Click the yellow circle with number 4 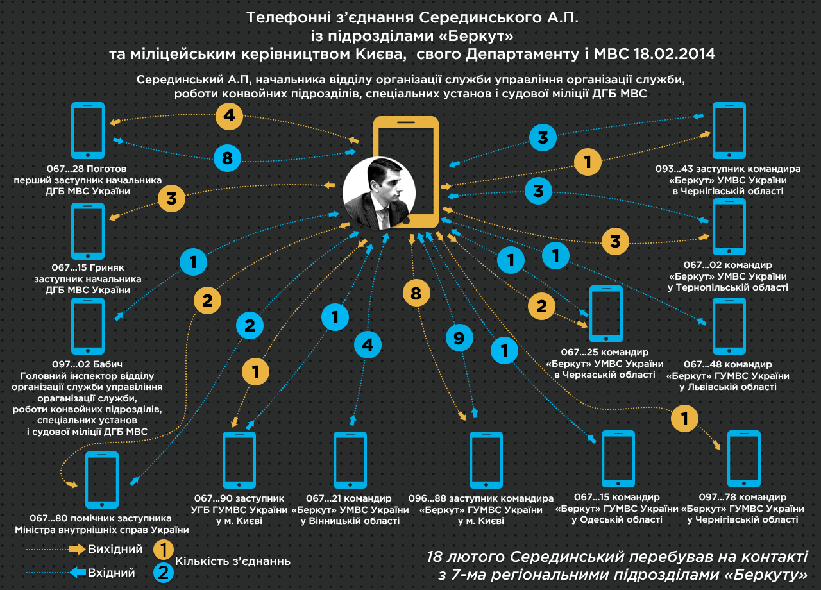pos(229,116)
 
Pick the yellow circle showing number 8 pos(416,294)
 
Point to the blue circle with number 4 pos(368,345)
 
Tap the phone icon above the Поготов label pos(88,130)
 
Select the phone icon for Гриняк pos(88,231)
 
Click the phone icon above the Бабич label pos(88,326)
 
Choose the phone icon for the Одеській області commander pos(618,459)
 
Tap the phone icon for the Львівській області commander pos(729,326)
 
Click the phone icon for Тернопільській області pos(729,227)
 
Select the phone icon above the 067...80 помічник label pos(102,480)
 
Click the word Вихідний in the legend pos(115,550)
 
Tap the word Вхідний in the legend pos(111,573)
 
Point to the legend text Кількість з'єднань pos(233,561)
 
